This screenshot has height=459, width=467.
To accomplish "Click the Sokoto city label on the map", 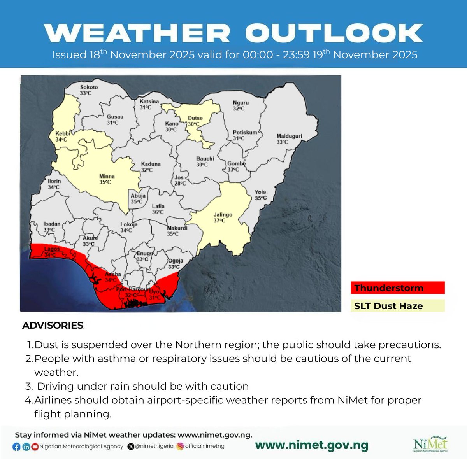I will click(89, 87).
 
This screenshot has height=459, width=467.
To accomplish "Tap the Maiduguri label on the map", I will click(289, 136).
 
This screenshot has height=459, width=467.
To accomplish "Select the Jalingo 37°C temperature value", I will click(219, 221).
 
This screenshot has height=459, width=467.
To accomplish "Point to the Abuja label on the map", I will click(138, 196).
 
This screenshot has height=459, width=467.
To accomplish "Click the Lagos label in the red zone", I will click(52, 249).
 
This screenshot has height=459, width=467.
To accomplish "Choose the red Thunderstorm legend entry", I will click(397, 288).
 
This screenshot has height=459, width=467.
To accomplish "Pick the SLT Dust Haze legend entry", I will click(397, 306).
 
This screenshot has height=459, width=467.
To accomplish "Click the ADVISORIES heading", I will click(53, 326).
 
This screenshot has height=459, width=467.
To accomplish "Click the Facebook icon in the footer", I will click(16, 447).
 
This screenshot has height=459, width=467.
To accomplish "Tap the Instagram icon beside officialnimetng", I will click(180, 447).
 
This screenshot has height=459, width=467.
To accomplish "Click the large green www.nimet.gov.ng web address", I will click(311, 446).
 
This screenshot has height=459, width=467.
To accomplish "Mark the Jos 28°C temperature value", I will click(180, 183).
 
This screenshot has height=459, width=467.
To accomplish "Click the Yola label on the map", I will click(260, 192).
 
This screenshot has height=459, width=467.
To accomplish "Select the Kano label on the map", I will click(172, 124).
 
